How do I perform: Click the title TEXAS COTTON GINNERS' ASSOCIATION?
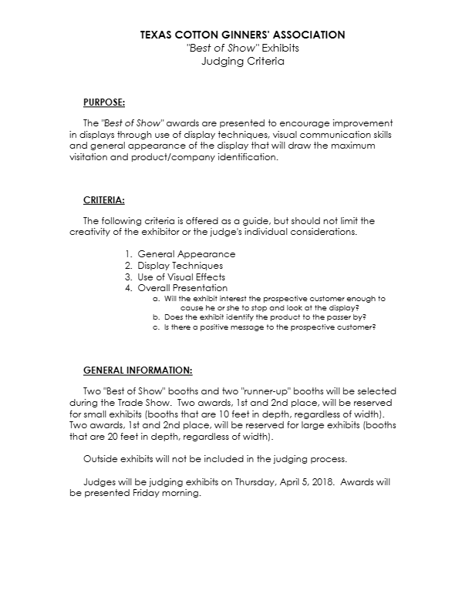click(x=242, y=35)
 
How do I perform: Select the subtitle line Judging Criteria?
click(x=242, y=60)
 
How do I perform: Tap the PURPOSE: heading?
click(x=104, y=102)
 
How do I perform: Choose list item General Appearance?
click(x=186, y=253)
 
